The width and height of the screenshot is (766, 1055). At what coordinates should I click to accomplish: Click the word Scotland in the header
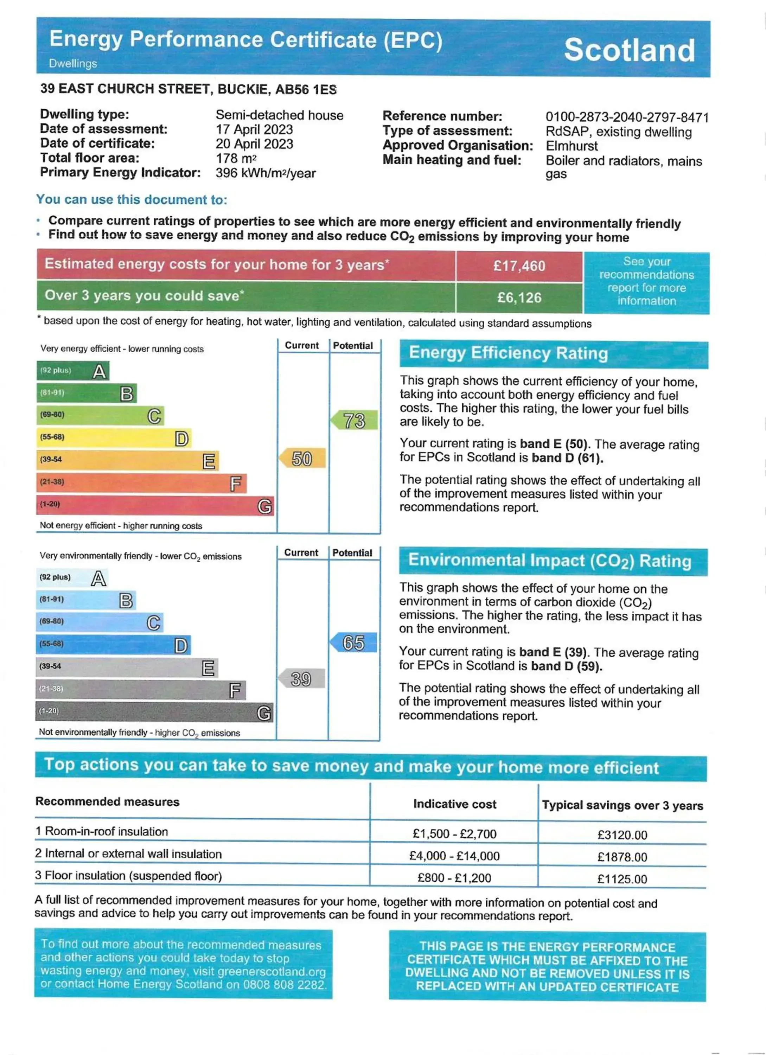(x=629, y=50)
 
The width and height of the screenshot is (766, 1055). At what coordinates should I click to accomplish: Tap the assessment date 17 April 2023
(x=254, y=129)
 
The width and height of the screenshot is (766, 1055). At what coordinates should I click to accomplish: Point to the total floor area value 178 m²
(x=236, y=158)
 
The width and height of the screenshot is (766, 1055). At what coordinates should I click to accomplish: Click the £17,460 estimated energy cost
(x=519, y=266)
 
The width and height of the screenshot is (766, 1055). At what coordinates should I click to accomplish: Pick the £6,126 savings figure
(x=519, y=297)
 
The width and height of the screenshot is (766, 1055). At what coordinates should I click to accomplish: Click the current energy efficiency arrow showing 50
(x=302, y=459)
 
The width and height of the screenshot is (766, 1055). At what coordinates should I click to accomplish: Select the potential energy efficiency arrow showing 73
(x=354, y=421)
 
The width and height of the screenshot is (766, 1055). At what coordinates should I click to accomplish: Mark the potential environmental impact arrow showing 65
(x=353, y=643)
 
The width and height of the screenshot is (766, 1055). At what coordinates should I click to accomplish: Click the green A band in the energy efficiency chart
(x=73, y=371)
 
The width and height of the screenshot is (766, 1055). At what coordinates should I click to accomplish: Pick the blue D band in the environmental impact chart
(x=113, y=645)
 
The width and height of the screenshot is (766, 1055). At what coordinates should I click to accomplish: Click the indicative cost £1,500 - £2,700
(x=454, y=833)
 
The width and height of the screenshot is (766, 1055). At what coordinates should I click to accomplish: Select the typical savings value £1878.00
(x=622, y=857)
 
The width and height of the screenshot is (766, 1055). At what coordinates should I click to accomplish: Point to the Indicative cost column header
(x=454, y=804)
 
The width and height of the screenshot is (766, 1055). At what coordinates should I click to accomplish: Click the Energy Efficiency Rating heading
(x=508, y=353)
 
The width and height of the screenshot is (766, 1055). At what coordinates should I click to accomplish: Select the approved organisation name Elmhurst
(x=572, y=146)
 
